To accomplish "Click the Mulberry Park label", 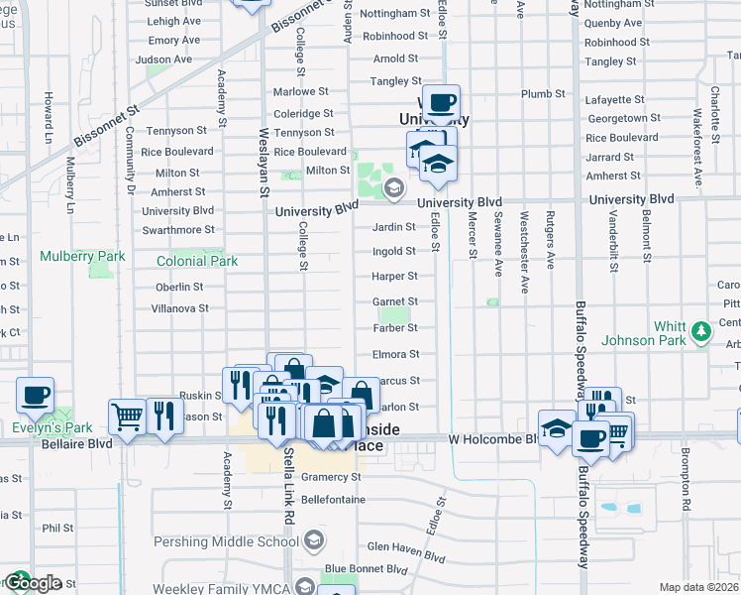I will point(82,256).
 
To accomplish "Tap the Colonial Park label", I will point(197,262).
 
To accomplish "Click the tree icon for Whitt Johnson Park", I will point(701,329).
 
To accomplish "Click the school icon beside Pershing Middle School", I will point(314,540).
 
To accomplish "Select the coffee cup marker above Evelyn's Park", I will point(35,396).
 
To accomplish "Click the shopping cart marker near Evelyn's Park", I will point(127,418).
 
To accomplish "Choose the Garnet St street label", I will point(394,301).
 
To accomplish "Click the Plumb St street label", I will point(542,94).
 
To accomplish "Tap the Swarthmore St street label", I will point(178,230).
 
